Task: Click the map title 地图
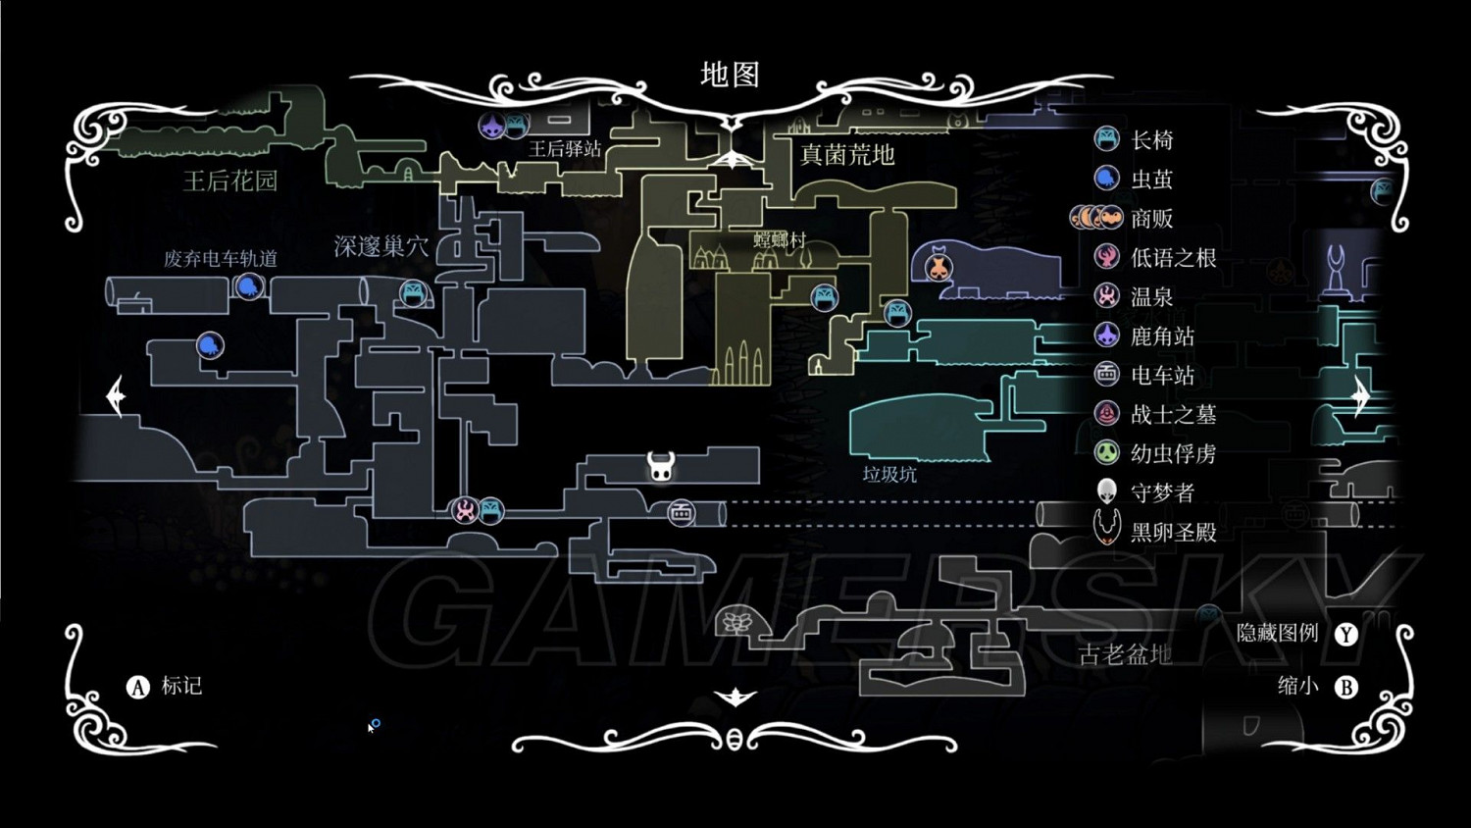click(730, 75)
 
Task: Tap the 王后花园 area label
click(230, 181)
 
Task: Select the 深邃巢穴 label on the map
click(380, 246)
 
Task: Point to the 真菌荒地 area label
click(847, 155)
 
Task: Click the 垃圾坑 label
click(889, 475)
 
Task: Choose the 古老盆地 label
click(1125, 654)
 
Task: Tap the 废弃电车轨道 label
click(221, 259)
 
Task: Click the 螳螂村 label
click(780, 239)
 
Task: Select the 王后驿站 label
click(565, 149)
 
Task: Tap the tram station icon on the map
click(681, 512)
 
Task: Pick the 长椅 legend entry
click(1151, 140)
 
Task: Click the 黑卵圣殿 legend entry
click(1173, 532)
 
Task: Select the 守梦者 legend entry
click(1162, 492)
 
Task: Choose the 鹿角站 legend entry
click(1162, 336)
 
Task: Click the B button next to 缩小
click(1346, 687)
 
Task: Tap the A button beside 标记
click(137, 687)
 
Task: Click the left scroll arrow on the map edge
click(116, 396)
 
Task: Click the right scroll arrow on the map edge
click(1360, 396)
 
